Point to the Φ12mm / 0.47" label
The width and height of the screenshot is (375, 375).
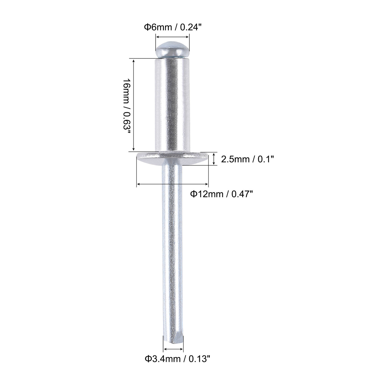(222, 194)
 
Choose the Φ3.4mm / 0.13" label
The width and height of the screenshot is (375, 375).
(177, 365)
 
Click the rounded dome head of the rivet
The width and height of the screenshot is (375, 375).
(172, 50)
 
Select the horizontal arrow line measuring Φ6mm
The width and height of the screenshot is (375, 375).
(172, 37)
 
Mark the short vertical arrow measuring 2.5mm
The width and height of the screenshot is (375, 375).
(214, 159)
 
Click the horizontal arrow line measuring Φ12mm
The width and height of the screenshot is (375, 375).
(172, 184)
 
